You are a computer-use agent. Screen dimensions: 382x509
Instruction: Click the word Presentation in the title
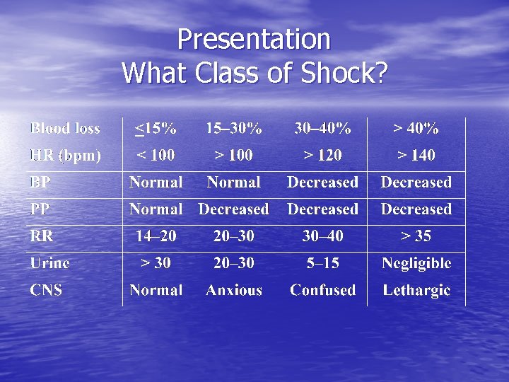point(254,40)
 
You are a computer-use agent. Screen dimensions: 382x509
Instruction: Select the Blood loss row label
point(65,129)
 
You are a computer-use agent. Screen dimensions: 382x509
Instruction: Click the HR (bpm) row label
point(65,155)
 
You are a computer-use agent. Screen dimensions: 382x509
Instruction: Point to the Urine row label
point(49,263)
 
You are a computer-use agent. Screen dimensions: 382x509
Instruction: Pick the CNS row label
point(46,290)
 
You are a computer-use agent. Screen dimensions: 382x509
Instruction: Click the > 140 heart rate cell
point(416,155)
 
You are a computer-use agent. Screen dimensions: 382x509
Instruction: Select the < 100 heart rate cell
point(156,155)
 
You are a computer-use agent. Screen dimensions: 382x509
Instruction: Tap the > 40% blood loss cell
point(416,129)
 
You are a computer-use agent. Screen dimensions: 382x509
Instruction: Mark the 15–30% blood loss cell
point(234,129)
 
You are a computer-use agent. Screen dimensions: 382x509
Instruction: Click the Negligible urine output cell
point(416,263)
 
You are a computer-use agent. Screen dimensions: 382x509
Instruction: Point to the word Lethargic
point(416,290)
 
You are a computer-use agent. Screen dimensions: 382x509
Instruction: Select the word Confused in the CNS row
point(322,290)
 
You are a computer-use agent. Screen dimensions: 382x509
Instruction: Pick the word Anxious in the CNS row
point(234,290)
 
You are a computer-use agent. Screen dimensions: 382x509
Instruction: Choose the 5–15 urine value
point(322,263)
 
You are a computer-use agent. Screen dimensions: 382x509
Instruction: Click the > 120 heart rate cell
point(322,155)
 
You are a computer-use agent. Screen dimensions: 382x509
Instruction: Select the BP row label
point(40,183)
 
